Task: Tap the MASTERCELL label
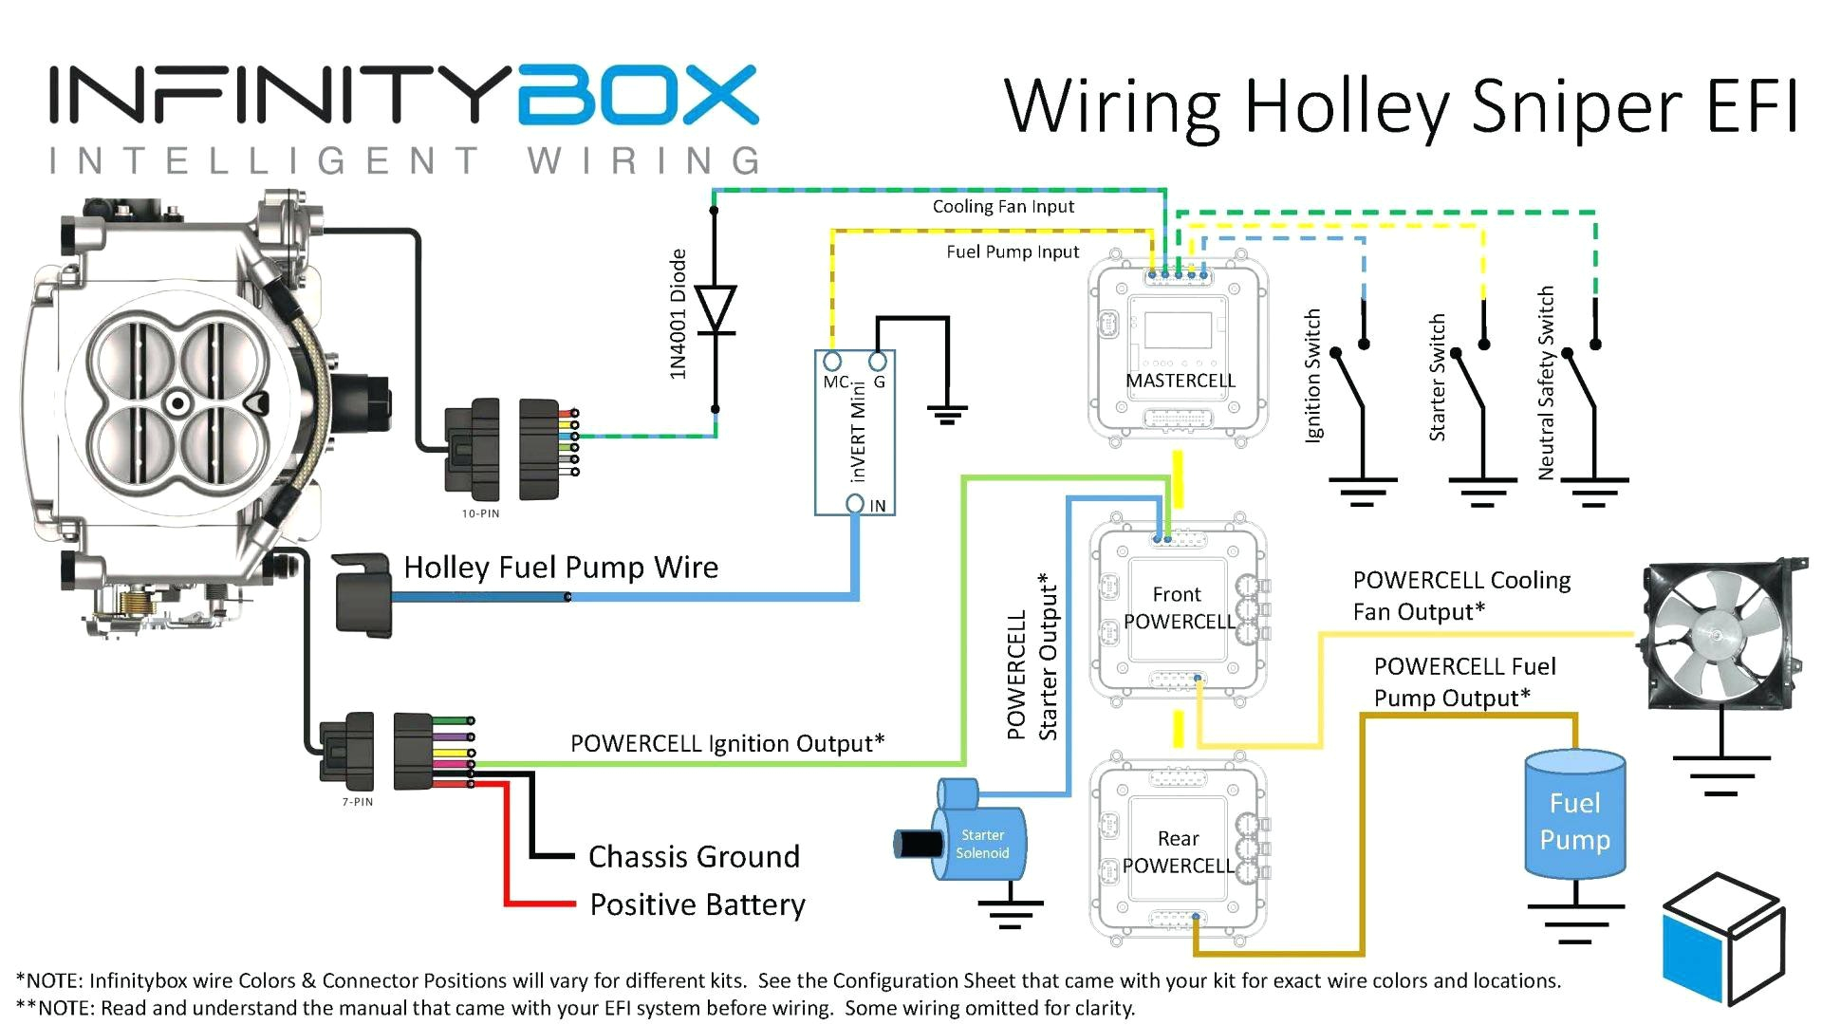point(1180,381)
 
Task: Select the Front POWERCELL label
point(1178,607)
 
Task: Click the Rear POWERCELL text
point(1178,851)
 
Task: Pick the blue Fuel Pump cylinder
point(1574,813)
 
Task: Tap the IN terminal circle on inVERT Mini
point(855,503)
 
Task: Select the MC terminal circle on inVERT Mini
point(832,362)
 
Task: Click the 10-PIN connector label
point(480,513)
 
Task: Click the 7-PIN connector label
point(358,802)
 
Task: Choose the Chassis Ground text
point(694,856)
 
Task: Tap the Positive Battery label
point(697,904)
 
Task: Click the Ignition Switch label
point(1313,375)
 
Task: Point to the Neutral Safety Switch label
point(1546,382)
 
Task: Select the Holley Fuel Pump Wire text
point(561,568)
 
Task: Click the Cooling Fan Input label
point(1003,207)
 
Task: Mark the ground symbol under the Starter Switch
point(1483,492)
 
